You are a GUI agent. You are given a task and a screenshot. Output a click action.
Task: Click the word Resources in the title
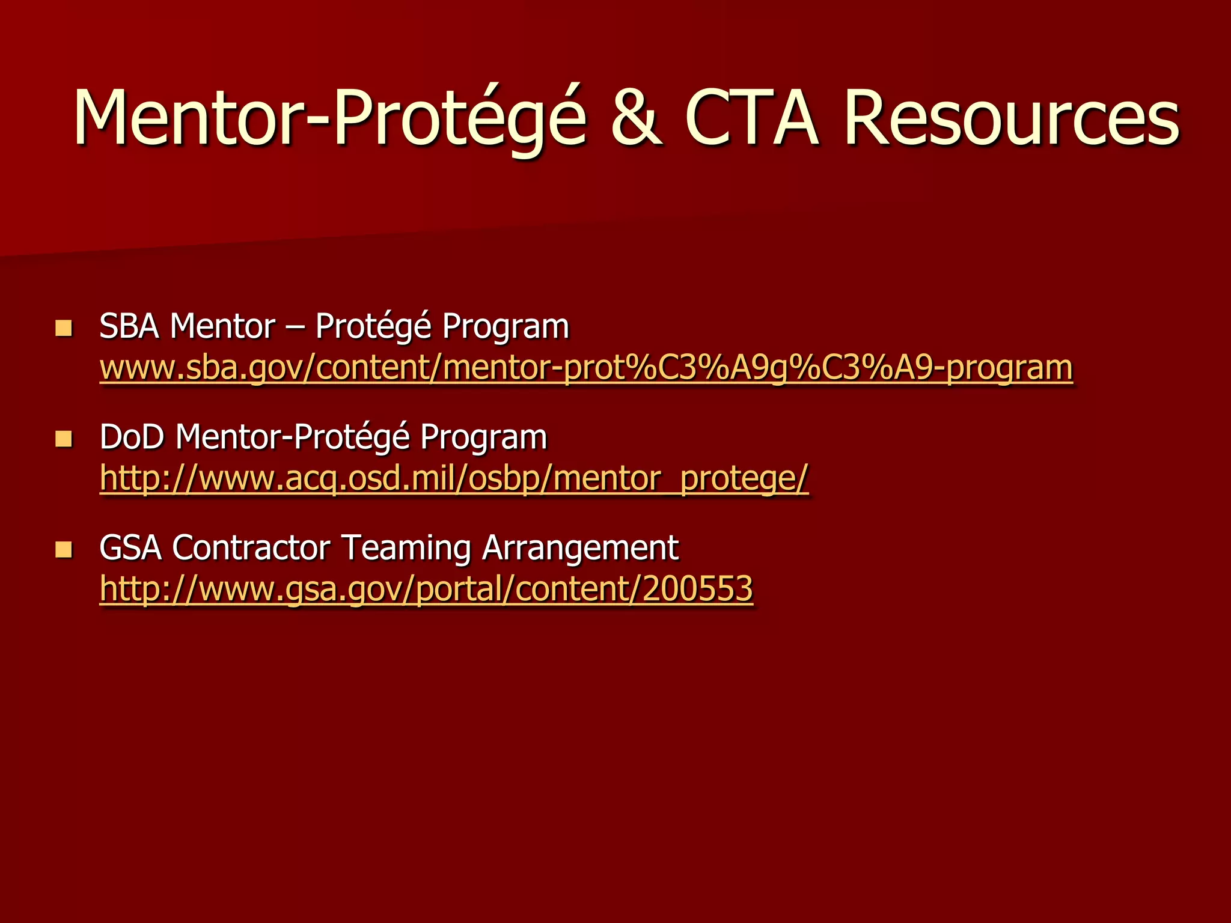tap(1011, 118)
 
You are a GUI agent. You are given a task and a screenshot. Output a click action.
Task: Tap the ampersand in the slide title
tap(637, 118)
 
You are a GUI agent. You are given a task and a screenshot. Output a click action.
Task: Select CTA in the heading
tap(751, 118)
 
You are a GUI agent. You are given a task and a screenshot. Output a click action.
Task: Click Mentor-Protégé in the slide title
tap(329, 118)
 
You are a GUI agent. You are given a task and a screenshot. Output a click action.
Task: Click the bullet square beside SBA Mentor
tap(63, 328)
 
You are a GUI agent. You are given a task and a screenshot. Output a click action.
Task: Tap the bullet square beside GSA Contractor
tap(63, 549)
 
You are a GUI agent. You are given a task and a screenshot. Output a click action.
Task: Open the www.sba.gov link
tap(585, 368)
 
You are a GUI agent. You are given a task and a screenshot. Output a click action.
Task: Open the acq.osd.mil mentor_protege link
tap(454, 478)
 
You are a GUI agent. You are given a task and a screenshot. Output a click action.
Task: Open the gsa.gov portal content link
tap(426, 589)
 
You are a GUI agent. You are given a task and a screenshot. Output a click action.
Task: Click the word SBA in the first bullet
tap(129, 327)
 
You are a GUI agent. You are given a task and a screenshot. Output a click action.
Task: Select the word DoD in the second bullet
tap(132, 437)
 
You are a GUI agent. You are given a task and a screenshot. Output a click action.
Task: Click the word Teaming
tap(406, 548)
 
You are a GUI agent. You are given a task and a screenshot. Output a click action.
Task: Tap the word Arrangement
tap(580, 548)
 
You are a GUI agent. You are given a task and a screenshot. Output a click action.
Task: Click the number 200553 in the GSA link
tap(697, 589)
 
